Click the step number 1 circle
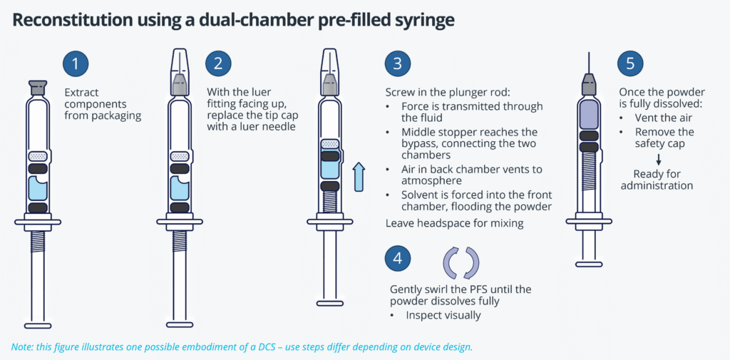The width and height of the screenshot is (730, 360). (x=76, y=63)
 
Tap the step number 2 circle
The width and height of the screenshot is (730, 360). (x=218, y=63)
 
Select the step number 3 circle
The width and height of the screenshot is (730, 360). (x=398, y=63)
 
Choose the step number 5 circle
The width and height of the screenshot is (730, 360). (x=630, y=63)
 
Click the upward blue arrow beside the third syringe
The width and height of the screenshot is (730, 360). (x=359, y=176)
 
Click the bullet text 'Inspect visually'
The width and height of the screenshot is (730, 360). (x=442, y=315)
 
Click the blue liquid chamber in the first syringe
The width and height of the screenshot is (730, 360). (x=36, y=190)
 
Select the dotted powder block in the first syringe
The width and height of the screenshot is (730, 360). (x=37, y=156)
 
